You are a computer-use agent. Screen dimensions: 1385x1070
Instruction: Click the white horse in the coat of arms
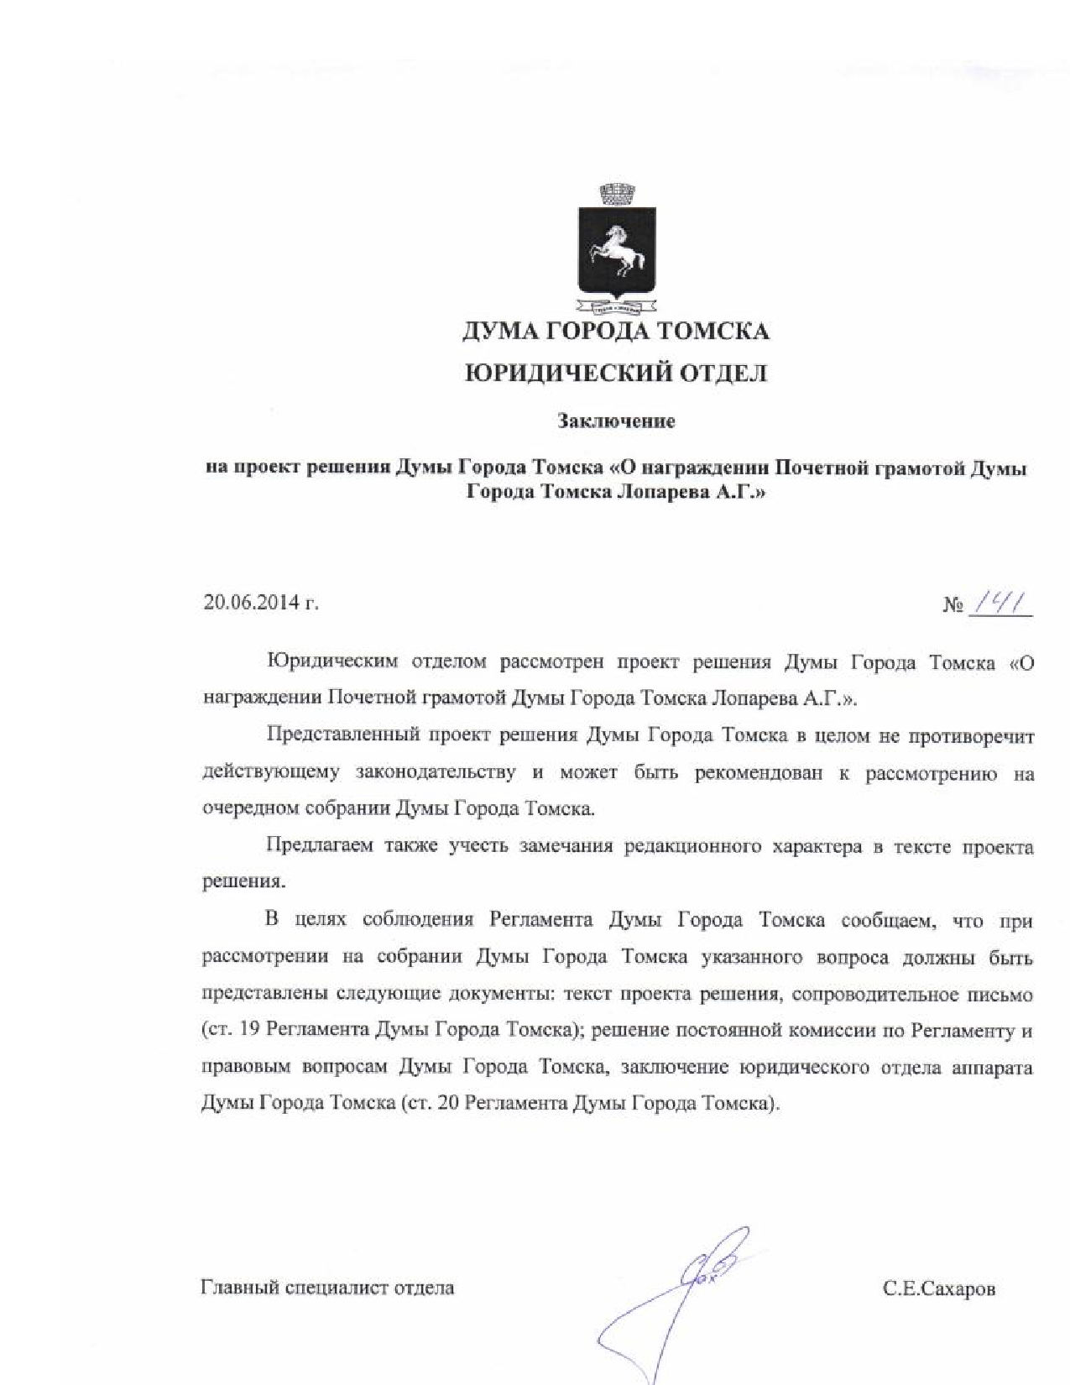[x=617, y=248]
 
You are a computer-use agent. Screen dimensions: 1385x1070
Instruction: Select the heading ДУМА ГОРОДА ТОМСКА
[x=616, y=331]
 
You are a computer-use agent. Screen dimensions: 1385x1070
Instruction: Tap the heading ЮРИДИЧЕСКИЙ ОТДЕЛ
[x=616, y=374]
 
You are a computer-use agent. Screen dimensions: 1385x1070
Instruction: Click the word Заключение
[x=617, y=421]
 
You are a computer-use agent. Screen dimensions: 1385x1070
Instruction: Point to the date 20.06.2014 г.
[x=261, y=603]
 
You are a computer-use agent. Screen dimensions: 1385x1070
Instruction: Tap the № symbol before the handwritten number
[x=953, y=604]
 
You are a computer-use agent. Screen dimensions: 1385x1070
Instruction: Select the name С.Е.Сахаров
[x=939, y=1288]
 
